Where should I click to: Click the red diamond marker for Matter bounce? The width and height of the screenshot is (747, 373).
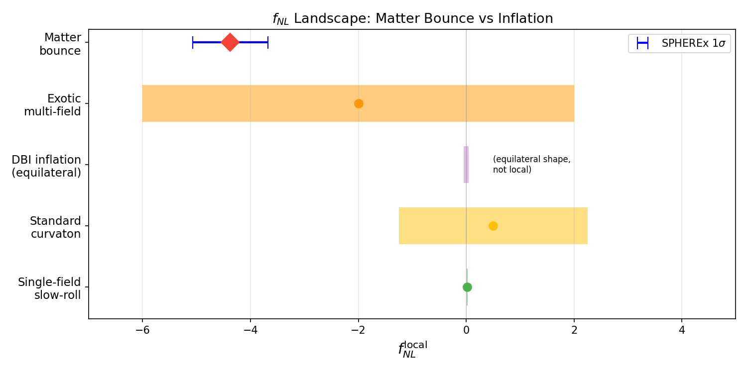click(x=230, y=42)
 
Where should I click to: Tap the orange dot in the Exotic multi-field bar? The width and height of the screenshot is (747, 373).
click(x=359, y=103)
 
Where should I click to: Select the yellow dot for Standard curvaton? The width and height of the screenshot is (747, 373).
click(x=493, y=226)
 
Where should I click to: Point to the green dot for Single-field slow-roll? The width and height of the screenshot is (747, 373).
click(x=467, y=287)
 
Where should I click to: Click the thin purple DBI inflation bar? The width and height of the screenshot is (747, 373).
click(x=466, y=165)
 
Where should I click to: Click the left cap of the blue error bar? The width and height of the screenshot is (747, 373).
click(x=193, y=42)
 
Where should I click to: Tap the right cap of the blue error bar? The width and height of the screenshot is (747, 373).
click(x=268, y=42)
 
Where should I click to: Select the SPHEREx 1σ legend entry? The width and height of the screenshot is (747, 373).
click(x=680, y=44)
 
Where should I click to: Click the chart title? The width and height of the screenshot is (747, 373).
click(x=412, y=19)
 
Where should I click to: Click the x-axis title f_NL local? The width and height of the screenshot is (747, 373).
click(x=412, y=349)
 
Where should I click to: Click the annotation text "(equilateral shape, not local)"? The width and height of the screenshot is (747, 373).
click(x=531, y=165)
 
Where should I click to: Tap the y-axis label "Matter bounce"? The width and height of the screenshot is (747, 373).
click(x=60, y=44)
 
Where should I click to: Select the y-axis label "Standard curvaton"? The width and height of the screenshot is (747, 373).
click(x=55, y=227)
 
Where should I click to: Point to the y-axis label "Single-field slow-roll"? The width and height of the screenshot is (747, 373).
click(x=49, y=288)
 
